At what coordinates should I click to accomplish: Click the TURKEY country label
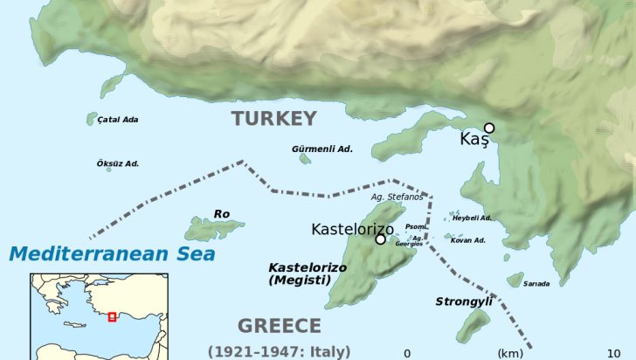pyautogui.click(x=273, y=120)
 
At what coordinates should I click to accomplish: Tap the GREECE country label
pyautogui.click(x=280, y=326)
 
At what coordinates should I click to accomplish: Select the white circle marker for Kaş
pyautogui.click(x=489, y=128)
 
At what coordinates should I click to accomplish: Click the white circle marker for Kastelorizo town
pyautogui.click(x=380, y=239)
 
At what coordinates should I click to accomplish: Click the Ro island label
pyautogui.click(x=221, y=213)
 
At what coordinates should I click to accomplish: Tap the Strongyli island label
pyautogui.click(x=464, y=301)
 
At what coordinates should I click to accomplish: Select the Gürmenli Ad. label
pyautogui.click(x=322, y=149)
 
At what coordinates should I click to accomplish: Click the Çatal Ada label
pyautogui.click(x=118, y=120)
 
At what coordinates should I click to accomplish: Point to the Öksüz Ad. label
pyautogui.click(x=118, y=163)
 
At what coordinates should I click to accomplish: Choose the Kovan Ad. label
pyautogui.click(x=468, y=239)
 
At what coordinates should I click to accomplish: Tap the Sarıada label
pyautogui.click(x=536, y=283)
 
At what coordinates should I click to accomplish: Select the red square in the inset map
pyautogui.click(x=112, y=316)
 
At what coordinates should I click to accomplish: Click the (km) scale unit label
pyautogui.click(x=509, y=353)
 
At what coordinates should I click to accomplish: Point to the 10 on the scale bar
pyautogui.click(x=614, y=353)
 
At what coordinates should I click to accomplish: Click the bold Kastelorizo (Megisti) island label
pyautogui.click(x=300, y=273)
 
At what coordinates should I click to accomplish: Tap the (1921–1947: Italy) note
pyautogui.click(x=280, y=351)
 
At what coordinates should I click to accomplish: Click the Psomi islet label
pyautogui.click(x=416, y=226)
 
